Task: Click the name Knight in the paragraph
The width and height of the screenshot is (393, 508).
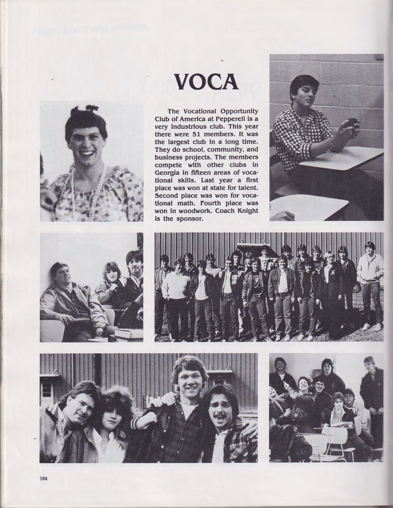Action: [247, 211]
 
